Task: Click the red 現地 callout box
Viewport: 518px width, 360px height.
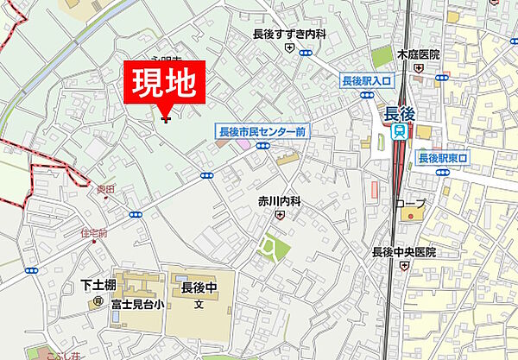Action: [167, 85]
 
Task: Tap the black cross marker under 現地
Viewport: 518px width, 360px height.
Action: [166, 119]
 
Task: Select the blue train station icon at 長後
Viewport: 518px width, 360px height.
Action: [399, 131]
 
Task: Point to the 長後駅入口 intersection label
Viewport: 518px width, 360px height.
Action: [366, 81]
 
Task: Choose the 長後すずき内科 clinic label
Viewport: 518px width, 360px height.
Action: [289, 35]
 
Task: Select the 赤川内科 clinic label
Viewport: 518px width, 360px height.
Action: [280, 200]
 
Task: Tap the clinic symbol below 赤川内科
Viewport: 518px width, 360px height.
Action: [280, 214]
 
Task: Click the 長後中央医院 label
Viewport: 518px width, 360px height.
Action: [404, 252]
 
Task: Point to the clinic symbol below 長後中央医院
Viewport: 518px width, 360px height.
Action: [403, 266]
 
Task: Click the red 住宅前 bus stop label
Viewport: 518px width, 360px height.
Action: [93, 232]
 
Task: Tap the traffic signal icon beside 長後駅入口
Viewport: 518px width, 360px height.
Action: [366, 94]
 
